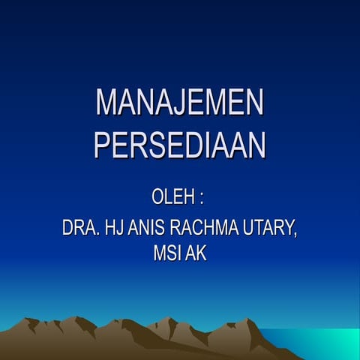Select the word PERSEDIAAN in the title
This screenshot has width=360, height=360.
[180, 145]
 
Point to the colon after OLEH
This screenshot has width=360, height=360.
[202, 200]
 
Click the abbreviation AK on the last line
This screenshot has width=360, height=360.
[196, 254]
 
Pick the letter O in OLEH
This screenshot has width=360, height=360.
[159, 199]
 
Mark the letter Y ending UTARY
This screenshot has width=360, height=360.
[288, 227]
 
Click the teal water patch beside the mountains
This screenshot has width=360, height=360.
[322, 340]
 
